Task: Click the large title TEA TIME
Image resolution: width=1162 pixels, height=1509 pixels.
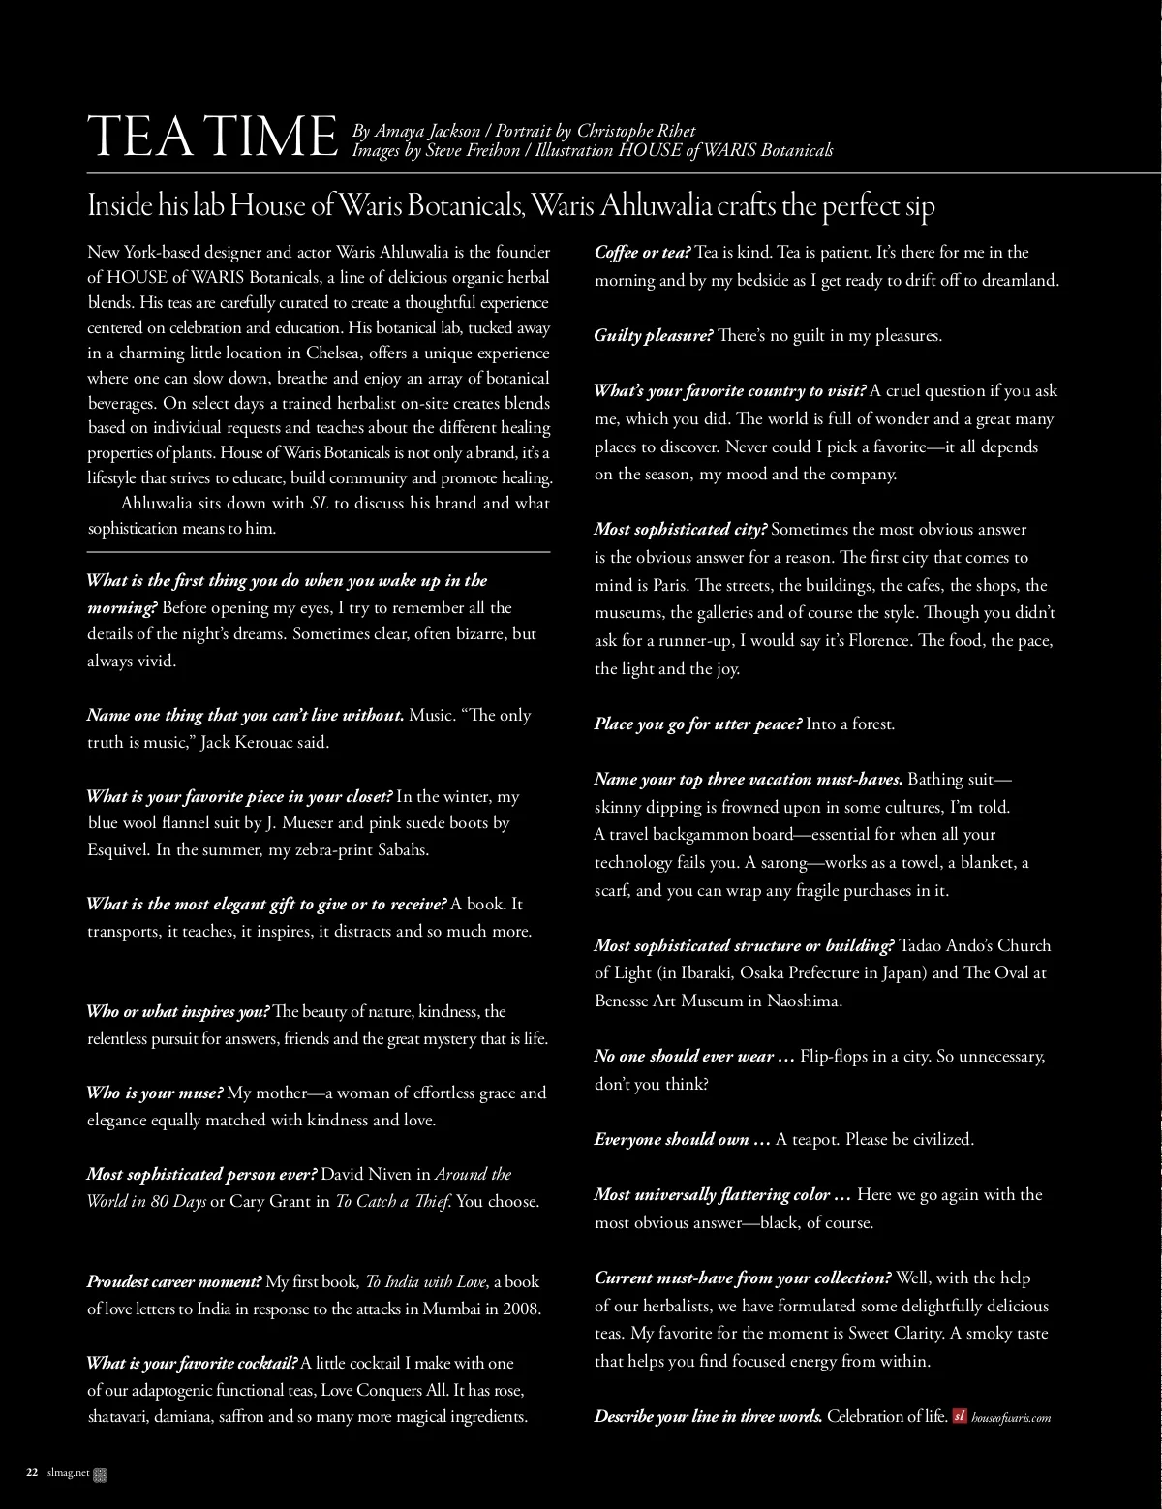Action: (210, 137)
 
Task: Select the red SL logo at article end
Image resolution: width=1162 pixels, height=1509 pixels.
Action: (960, 1416)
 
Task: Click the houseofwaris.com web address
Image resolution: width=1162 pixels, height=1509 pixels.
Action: (1011, 1417)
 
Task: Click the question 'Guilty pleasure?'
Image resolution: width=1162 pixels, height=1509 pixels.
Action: (654, 336)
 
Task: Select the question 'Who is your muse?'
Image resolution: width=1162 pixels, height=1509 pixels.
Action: (155, 1093)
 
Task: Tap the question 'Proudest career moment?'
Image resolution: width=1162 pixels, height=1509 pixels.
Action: (174, 1281)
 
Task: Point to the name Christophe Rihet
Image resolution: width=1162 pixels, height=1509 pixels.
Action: (636, 131)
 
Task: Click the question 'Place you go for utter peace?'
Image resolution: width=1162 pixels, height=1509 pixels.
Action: (698, 724)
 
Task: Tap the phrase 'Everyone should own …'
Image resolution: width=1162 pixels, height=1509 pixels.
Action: (683, 1139)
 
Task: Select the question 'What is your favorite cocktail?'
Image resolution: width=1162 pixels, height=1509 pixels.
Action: (192, 1363)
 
